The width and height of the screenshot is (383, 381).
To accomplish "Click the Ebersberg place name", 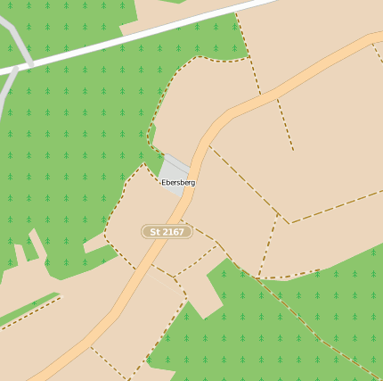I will (177, 182).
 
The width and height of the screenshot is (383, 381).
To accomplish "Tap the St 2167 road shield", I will (167, 232).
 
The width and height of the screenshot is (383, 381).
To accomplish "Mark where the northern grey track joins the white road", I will (30, 64).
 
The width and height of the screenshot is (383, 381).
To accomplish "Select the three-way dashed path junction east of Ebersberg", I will (287, 222).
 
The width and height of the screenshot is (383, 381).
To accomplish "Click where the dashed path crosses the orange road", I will (186, 222).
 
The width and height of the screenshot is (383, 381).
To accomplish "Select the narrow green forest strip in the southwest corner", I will (27, 303).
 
